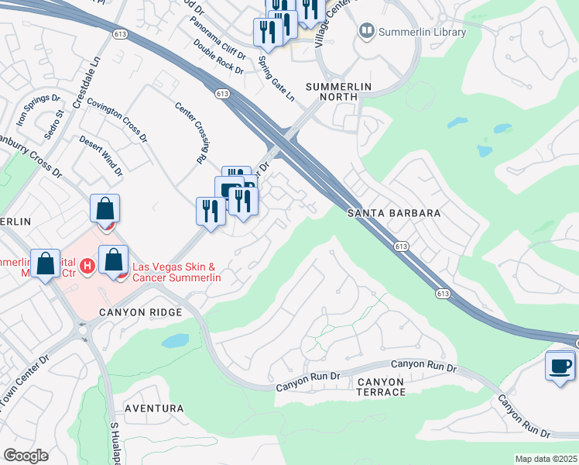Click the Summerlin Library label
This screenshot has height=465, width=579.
pos(421,32)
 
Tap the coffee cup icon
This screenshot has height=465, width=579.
pos(560,366)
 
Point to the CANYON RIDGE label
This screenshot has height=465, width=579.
pos(140,312)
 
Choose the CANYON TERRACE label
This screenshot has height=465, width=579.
pos(381,387)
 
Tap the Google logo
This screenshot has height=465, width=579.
pos(25,456)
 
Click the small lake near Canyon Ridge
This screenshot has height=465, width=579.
pos(176,340)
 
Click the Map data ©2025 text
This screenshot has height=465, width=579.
pos(546,459)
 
